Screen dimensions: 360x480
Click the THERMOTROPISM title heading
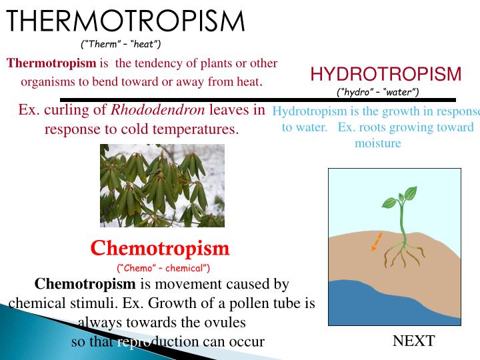click(125, 21)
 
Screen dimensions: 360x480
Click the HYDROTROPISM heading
click(385, 74)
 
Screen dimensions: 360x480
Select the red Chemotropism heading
click(160, 249)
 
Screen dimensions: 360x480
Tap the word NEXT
click(413, 341)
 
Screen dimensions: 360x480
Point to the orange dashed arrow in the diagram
click(377, 241)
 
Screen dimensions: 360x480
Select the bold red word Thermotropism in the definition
click(51, 63)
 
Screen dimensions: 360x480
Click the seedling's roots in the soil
click(401, 253)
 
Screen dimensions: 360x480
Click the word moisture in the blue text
click(377, 143)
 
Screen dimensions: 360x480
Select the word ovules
click(225, 323)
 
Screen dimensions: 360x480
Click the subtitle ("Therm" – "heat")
click(121, 45)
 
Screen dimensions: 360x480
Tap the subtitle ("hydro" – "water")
click(378, 92)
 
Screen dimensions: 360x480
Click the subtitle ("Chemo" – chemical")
click(163, 268)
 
